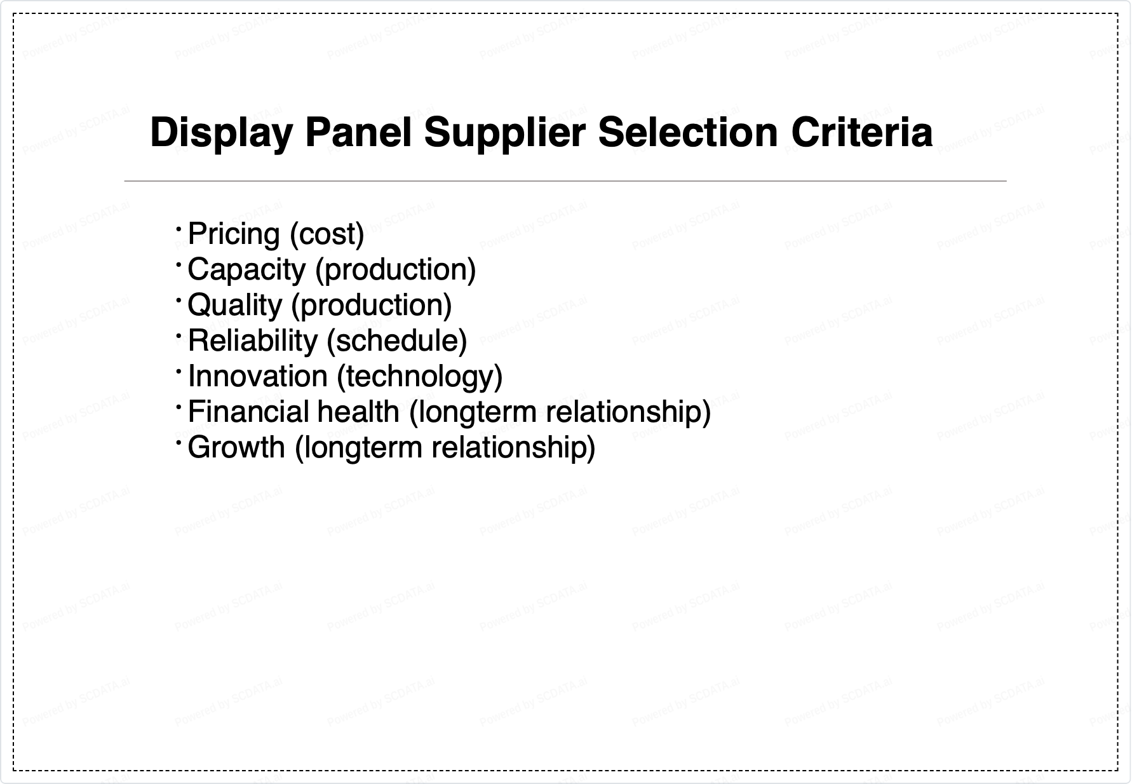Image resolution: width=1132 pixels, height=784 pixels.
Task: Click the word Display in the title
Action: (x=222, y=133)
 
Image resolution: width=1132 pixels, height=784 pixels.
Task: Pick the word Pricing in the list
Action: (x=234, y=234)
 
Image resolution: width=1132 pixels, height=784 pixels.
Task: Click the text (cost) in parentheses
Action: (x=327, y=234)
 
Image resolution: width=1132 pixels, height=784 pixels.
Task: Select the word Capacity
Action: (x=246, y=270)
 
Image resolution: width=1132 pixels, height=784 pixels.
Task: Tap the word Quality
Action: (x=234, y=306)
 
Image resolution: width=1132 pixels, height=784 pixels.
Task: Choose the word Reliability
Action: (x=252, y=341)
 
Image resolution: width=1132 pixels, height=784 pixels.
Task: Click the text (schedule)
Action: (x=397, y=341)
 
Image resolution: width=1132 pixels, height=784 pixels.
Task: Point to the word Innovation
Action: (x=257, y=376)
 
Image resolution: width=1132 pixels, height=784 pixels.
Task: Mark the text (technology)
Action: (x=420, y=377)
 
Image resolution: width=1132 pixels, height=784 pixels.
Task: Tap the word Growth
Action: (x=236, y=447)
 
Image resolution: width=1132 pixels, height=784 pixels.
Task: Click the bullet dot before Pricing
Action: (x=179, y=227)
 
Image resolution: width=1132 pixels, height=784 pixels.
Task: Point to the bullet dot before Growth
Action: (x=179, y=441)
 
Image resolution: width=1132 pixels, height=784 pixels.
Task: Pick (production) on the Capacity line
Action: (x=396, y=270)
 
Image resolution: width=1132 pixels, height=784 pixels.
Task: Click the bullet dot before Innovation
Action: (x=179, y=370)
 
